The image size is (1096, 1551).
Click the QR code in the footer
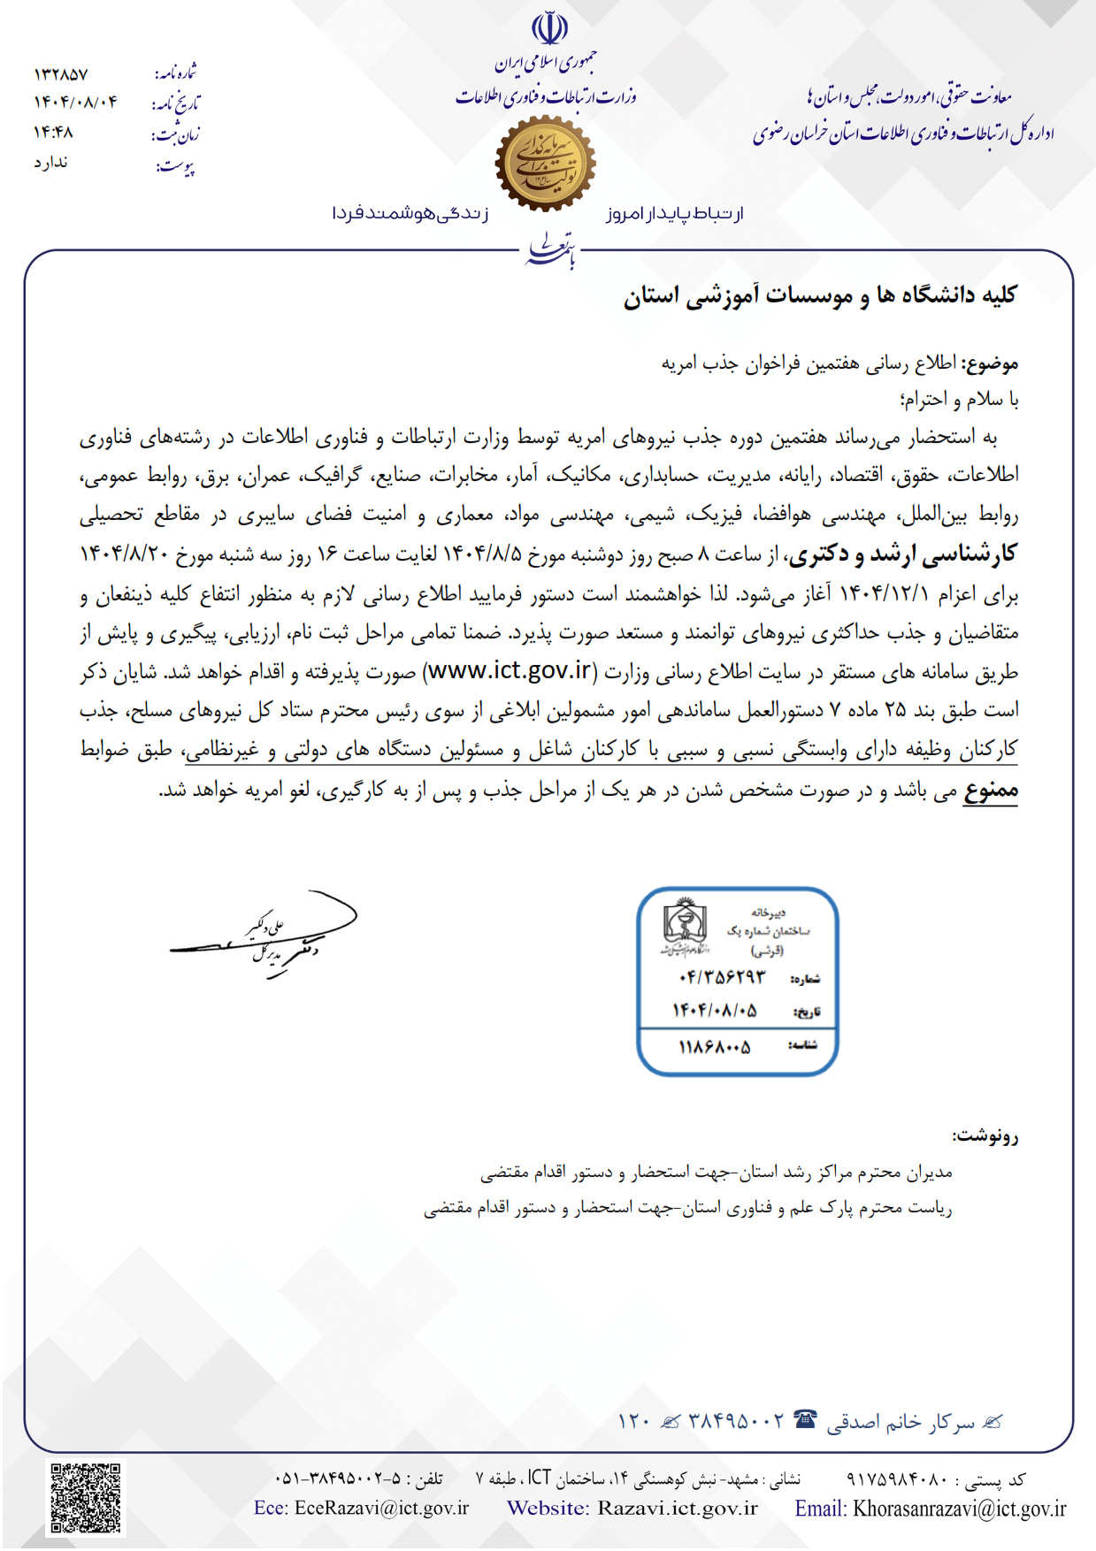pos(86,1498)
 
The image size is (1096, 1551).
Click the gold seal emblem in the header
pos(545,164)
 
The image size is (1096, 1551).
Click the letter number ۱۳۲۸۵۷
pos(61,73)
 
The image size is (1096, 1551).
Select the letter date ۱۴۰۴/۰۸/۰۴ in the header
pos(75,102)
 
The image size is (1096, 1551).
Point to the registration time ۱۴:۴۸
pos(53,132)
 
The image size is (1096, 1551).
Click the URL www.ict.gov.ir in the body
pos(510,670)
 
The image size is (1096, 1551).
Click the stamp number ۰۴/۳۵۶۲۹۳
pos(722,977)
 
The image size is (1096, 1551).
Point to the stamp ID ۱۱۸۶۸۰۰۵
pos(715,1047)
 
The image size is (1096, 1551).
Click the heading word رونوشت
pos(985,1136)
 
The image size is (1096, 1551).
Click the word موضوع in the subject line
pos(991,363)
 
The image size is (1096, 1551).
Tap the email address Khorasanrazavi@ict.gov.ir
pos(959,1509)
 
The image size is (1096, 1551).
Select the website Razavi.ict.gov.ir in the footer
pos(677,1509)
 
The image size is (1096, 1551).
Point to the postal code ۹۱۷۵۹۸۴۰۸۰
pos(897,1478)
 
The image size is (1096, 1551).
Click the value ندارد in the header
pos(51,163)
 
